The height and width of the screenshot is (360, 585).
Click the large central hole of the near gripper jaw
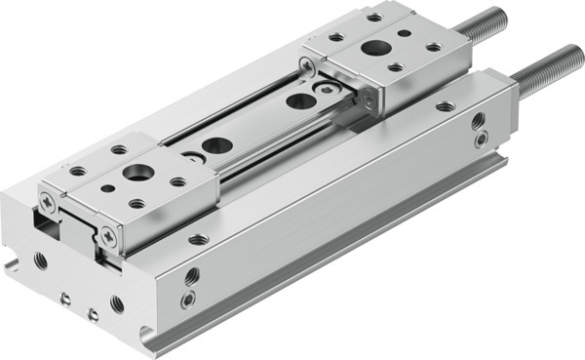click(136, 173)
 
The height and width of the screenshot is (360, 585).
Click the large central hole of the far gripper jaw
click(373, 47)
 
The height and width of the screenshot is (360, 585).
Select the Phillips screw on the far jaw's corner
click(308, 66)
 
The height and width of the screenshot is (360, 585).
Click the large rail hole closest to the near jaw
click(216, 145)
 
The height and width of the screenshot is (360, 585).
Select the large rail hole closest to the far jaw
click(301, 100)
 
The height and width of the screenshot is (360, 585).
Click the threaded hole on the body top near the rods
click(445, 106)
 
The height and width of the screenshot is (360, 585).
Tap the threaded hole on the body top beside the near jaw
click(199, 238)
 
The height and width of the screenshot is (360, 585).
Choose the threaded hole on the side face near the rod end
click(478, 121)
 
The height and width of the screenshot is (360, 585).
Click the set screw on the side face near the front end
click(187, 300)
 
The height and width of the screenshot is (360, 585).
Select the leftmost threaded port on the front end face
click(40, 260)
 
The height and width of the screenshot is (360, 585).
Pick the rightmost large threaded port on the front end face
click(117, 303)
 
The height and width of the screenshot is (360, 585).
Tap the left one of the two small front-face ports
click(65, 299)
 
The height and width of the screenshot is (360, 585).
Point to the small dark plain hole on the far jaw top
click(395, 67)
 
